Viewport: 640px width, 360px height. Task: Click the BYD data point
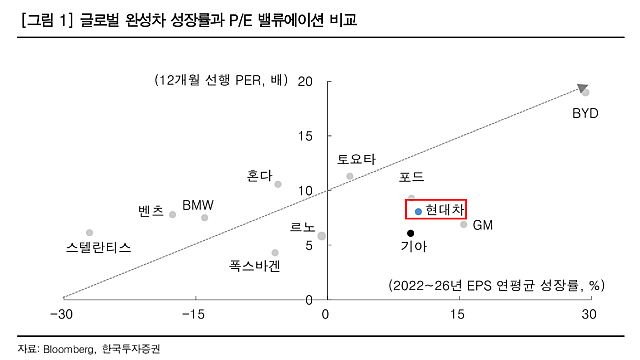coord(586,92)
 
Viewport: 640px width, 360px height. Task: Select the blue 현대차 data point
coord(419,211)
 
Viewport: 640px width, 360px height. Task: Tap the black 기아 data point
coord(411,233)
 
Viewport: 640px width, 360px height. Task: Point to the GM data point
coord(464,224)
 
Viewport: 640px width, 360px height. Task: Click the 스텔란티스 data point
coord(89,232)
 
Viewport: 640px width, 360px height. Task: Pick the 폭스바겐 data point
coord(275,253)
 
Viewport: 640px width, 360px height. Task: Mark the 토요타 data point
coord(349,176)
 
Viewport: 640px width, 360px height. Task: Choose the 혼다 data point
coord(278,184)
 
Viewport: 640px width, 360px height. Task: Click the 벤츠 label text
coord(150,211)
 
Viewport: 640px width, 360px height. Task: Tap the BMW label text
coord(197,205)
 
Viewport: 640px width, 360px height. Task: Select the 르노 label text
coord(302,228)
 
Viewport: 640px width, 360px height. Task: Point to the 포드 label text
coord(411,177)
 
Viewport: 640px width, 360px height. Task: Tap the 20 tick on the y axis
coord(306,81)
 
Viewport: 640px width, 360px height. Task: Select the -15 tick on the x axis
coord(194,316)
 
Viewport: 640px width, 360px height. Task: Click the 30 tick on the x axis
coord(590,316)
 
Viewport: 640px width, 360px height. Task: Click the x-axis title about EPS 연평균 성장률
coord(496,285)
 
